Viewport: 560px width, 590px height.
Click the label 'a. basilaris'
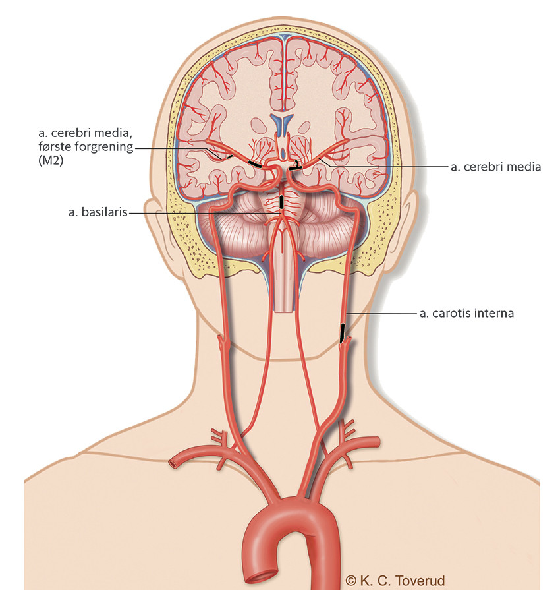point(98,212)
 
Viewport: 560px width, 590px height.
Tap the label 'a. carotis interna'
point(466,313)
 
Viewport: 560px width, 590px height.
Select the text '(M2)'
point(51,160)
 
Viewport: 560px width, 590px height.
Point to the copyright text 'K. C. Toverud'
point(402,581)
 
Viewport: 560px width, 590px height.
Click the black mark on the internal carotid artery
point(342,333)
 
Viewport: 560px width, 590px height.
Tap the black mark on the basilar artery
point(281,201)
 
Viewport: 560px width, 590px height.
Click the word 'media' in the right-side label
point(522,167)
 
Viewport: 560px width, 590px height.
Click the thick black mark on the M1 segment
point(254,164)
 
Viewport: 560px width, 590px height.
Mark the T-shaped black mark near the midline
point(296,166)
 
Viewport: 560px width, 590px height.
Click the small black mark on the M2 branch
point(229,156)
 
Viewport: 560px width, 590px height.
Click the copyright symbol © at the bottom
point(350,581)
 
